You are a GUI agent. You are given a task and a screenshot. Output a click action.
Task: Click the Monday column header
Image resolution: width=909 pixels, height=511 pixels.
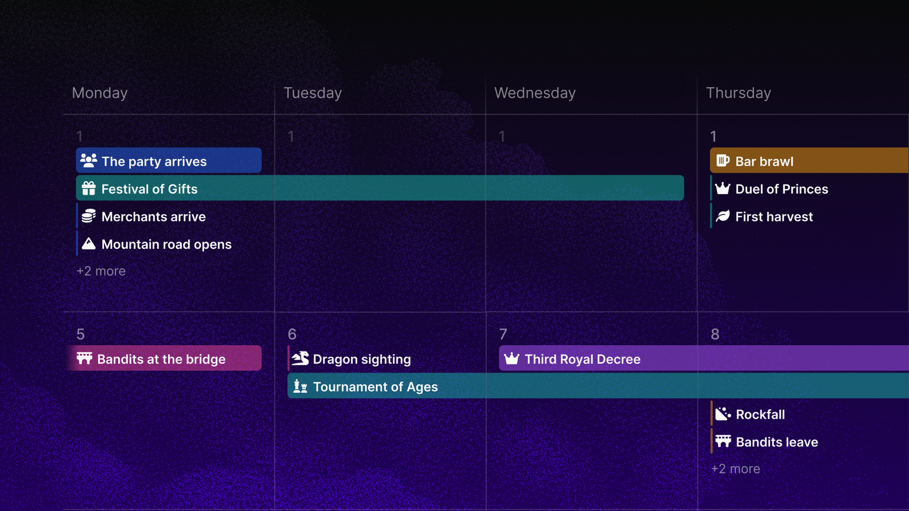[100, 93]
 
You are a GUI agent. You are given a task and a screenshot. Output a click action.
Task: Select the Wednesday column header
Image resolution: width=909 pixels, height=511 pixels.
[535, 93]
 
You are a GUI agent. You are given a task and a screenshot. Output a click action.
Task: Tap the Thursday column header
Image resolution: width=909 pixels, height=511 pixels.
[738, 93]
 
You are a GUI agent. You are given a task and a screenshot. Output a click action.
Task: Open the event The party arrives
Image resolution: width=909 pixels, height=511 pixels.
[169, 161]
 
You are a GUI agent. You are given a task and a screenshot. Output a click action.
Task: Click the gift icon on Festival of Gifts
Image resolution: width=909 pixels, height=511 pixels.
[89, 189]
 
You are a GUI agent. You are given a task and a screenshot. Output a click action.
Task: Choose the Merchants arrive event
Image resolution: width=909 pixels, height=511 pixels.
[153, 216]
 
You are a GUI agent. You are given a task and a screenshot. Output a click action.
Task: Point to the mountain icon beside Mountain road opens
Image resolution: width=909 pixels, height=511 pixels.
[89, 244]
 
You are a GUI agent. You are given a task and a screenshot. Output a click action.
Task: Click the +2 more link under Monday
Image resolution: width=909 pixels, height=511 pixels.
[101, 271]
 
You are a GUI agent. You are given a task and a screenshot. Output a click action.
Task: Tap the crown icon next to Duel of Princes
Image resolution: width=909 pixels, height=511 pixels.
[723, 189]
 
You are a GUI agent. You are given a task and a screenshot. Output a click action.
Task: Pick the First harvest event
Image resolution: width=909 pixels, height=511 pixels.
[774, 216]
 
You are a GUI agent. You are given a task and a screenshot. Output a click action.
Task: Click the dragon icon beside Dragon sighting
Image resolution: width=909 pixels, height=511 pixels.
[300, 358]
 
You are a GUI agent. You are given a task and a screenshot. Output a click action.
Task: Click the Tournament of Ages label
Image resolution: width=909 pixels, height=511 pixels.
[376, 387]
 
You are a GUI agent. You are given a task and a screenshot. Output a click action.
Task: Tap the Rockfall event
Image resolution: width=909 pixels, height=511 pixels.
[760, 414]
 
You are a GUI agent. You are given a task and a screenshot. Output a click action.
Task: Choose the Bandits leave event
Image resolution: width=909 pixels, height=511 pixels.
[777, 442]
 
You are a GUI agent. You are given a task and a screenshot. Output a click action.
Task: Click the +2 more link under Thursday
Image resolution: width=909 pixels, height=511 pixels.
[736, 469]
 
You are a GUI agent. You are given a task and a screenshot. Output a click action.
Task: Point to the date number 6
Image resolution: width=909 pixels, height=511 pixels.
[292, 334]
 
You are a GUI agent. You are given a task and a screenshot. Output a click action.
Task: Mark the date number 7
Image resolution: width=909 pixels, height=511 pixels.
[503, 334]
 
